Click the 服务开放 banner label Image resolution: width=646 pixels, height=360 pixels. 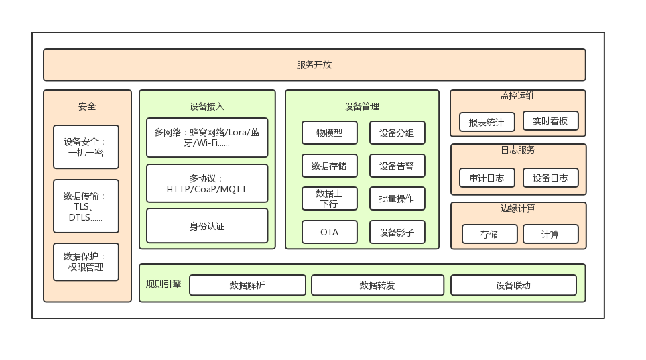314,65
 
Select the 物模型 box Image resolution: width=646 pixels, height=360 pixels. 329,133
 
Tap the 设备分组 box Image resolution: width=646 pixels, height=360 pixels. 397,133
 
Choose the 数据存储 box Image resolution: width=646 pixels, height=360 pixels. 329,166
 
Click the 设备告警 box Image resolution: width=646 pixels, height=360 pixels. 397,166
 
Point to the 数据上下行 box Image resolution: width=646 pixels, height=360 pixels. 329,198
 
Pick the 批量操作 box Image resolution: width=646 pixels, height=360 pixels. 397,198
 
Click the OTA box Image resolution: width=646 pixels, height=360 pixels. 329,232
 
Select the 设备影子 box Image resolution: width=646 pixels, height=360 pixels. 397,232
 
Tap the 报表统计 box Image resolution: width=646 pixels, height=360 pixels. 487,122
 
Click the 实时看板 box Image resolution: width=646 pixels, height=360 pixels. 550,121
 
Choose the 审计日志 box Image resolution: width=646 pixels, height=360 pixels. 487,178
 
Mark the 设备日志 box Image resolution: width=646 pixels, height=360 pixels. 550,178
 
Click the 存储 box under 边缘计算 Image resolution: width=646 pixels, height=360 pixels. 489,234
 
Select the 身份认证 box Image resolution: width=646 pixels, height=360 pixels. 207,226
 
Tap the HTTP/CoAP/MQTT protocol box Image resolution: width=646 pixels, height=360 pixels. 207,184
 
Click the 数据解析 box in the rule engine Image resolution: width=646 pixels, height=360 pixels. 247,285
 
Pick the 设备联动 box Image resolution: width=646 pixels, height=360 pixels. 513,285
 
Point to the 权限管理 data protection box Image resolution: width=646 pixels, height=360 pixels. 86,261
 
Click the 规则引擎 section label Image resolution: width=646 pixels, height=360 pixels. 164,284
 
